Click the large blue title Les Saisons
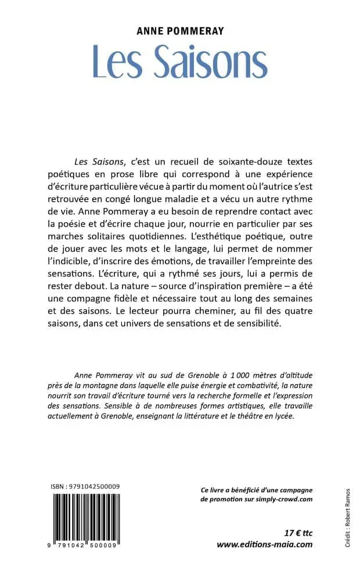click(179, 61)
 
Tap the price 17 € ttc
click(296, 533)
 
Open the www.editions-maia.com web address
click(264, 544)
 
